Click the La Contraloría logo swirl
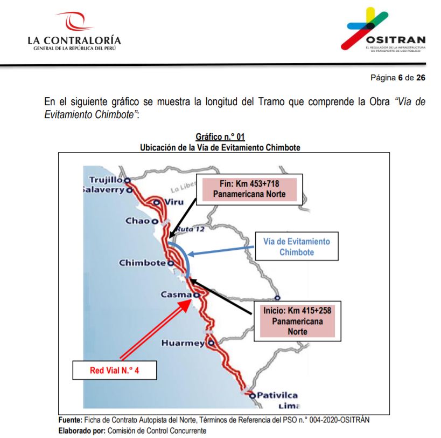74,21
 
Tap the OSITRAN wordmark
396,40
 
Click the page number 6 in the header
400,78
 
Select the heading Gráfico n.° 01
220,137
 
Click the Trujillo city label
106,180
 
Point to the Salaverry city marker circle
129,190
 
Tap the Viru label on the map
174,202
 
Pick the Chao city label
137,221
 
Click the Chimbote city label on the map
142,263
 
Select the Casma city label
176,295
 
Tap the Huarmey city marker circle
211,343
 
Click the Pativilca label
277,395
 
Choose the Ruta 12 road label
191,229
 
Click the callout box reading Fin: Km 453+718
249,189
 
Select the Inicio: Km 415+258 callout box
297,321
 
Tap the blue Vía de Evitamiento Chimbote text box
297,246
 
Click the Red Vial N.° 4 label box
115,370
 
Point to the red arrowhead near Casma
186,305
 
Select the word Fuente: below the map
71,420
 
